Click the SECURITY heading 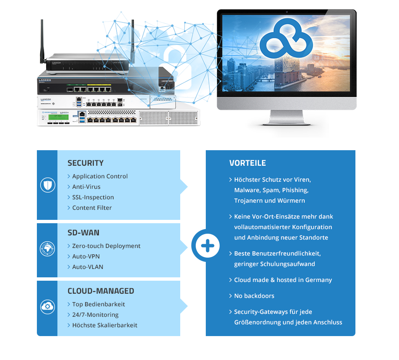(85, 163)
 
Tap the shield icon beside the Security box (48, 185)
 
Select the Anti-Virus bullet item (86, 187)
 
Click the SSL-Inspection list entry (93, 197)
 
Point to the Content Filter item (92, 208)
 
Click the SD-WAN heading (83, 232)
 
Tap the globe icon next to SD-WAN (47, 249)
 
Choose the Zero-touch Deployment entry (106, 246)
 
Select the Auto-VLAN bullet (87, 267)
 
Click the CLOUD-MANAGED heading (101, 291)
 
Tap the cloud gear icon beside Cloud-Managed (47, 307)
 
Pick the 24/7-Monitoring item (95, 315)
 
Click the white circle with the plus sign (207, 246)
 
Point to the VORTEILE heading (247, 163)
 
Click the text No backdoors (254, 296)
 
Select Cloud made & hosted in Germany (282, 280)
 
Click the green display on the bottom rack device (58, 117)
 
